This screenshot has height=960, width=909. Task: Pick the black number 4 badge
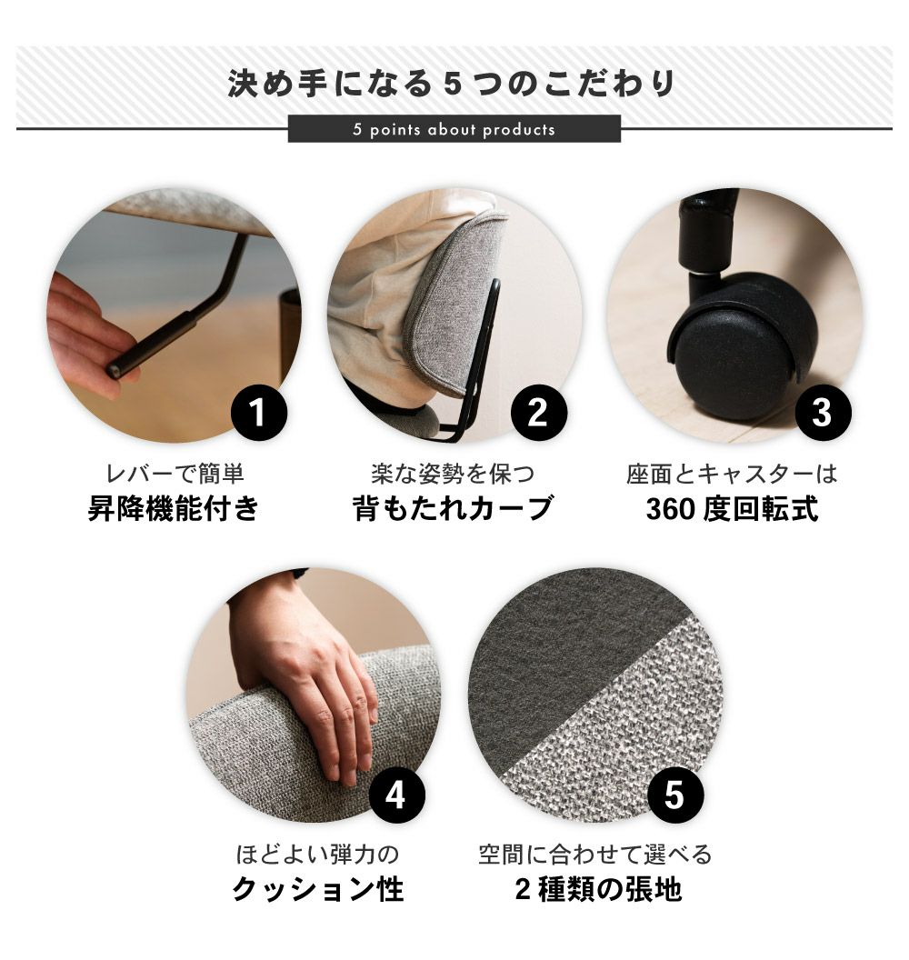[396, 795]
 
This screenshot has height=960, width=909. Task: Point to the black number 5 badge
[675, 795]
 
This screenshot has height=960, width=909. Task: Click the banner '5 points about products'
[454, 129]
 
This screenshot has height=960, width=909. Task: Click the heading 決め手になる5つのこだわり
[452, 84]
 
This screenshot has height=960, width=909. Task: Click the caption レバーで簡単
[175, 475]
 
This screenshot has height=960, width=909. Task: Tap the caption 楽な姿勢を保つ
[453, 475]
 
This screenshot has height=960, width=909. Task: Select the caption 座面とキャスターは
[732, 475]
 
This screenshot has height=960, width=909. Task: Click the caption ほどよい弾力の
[317, 855]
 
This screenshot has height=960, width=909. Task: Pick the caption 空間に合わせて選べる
[595, 855]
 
